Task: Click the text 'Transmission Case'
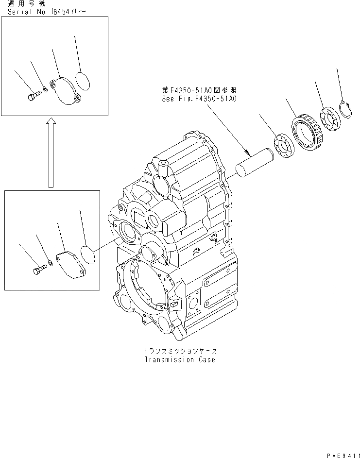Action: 179,360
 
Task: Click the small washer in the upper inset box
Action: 45,89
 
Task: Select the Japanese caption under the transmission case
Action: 179,351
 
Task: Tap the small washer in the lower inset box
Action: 50,264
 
